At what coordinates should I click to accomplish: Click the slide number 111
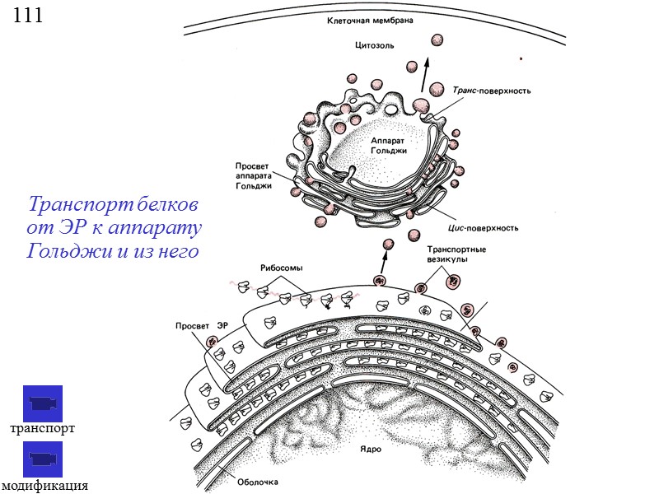tap(27, 15)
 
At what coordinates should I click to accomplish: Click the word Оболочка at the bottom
tap(259, 482)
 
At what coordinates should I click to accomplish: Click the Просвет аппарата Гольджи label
tap(254, 175)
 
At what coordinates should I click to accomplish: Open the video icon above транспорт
tap(42, 403)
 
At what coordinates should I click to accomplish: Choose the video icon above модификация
tap(42, 459)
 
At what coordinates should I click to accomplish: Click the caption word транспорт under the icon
tap(42, 429)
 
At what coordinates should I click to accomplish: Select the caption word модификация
tap(44, 486)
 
